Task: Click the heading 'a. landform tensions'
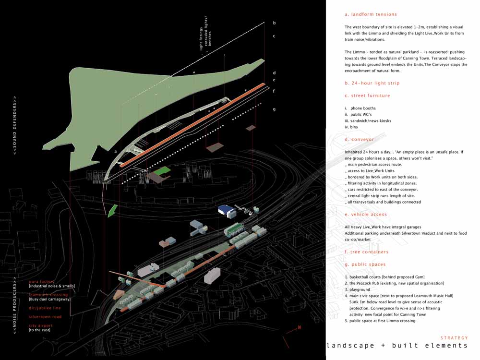tap(371, 14)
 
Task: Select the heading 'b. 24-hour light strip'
tap(372, 83)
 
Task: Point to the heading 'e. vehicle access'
tap(366, 215)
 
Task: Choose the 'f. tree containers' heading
tap(366, 252)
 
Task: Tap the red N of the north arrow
tap(299, 328)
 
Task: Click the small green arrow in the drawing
tap(112, 210)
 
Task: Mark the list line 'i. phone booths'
tap(360, 108)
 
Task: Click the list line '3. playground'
tap(358, 289)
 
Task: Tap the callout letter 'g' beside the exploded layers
tap(274, 109)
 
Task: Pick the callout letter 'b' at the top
tap(274, 23)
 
